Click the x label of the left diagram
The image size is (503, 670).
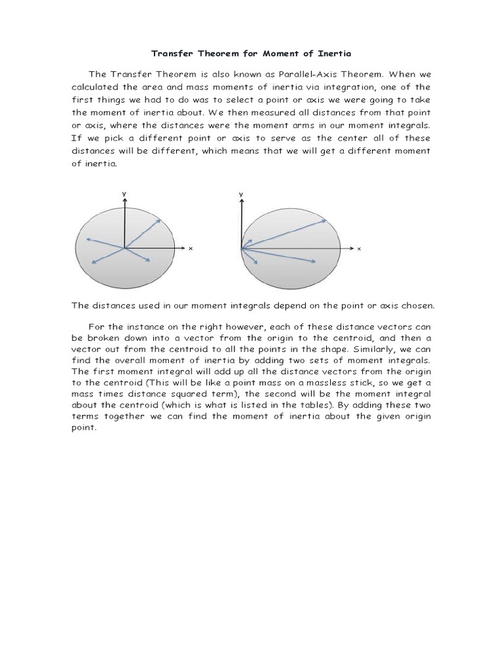191,249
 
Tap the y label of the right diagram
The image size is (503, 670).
241,194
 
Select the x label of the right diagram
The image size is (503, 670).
360,249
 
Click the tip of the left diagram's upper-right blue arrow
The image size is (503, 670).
161,219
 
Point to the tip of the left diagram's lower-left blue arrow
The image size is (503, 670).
93,264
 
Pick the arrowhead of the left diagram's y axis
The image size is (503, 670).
123,199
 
